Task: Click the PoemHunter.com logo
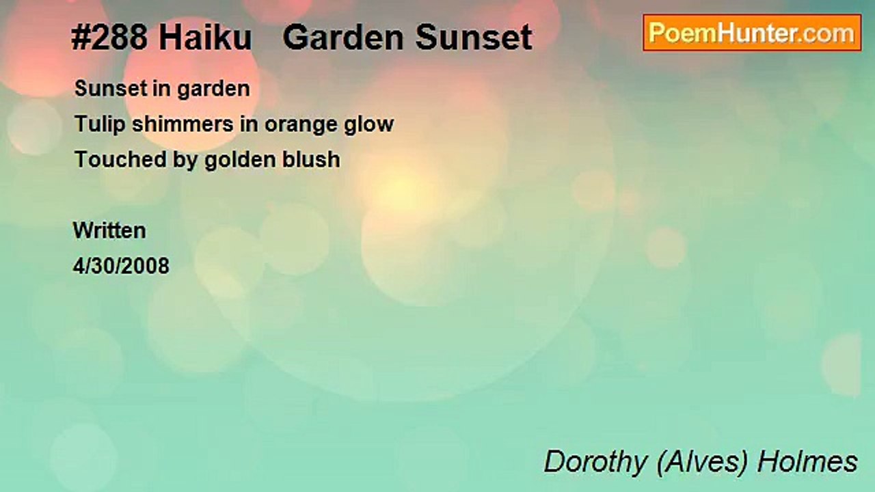(752, 33)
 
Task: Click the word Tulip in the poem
(94, 124)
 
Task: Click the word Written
(109, 230)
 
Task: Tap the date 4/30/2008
(121, 266)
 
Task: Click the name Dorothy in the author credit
(595, 462)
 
